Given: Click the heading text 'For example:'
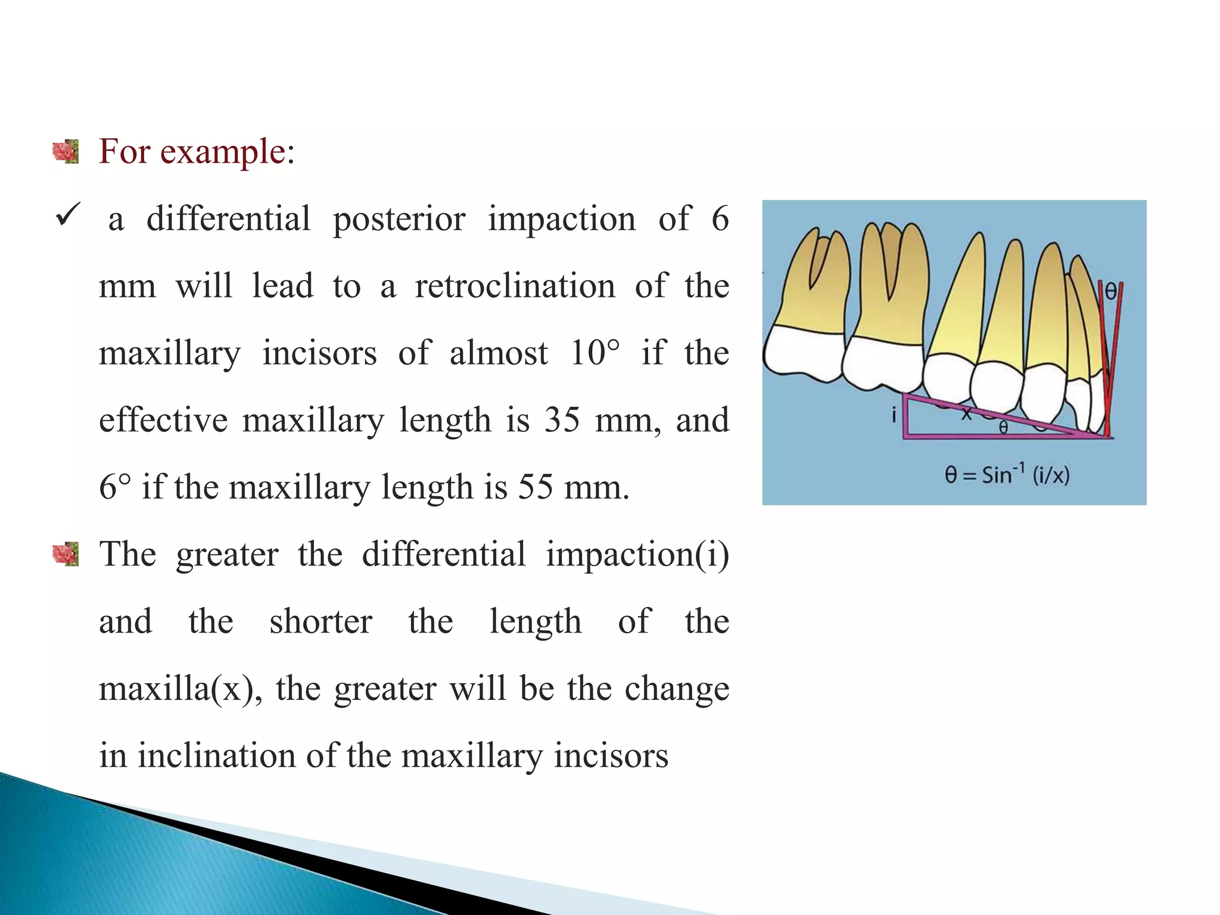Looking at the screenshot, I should coord(197,151).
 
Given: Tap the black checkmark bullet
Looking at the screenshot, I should coord(67,215).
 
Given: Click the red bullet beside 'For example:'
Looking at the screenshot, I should coord(66,151).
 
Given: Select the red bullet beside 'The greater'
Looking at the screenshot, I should coord(66,554).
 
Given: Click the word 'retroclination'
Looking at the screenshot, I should coord(515,286).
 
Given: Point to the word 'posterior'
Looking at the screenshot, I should coord(399,219).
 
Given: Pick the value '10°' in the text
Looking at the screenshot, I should coord(595,353).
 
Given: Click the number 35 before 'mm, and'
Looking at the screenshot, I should coord(562,420).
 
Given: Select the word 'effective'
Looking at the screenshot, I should coord(163,420).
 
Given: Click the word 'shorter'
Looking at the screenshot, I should coord(321,621).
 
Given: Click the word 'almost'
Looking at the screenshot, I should coord(499,353).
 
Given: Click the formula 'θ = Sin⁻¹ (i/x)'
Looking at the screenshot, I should coord(1007,475).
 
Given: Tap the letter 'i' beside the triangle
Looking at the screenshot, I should coord(894,415).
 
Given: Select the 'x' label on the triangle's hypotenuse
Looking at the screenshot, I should coord(966,412).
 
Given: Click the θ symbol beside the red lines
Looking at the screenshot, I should coord(1110,291).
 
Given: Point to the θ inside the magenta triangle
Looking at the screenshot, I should coord(1003,427).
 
